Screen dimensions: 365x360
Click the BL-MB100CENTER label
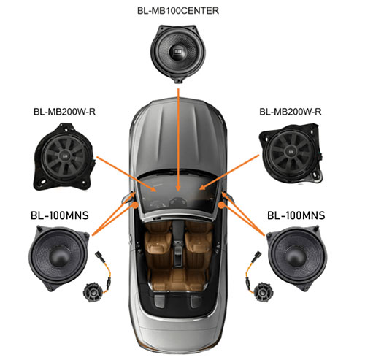click(178, 11)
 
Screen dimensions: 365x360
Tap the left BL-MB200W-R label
click(64, 112)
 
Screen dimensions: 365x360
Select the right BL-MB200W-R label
click(291, 112)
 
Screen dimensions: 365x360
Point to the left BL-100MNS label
click(60, 215)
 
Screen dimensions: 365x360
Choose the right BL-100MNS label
click(296, 215)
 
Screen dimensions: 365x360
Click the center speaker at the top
click(178, 53)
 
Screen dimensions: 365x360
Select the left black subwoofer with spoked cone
click(64, 157)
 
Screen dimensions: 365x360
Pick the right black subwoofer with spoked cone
click(291, 153)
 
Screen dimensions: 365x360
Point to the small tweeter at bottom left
click(93, 292)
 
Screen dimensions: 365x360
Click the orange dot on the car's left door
click(135, 205)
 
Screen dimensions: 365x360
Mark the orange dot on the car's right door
click(221, 205)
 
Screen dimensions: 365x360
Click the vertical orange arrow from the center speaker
click(178, 139)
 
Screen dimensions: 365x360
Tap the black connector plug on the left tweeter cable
click(100, 255)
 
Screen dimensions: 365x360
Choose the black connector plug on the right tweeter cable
click(258, 255)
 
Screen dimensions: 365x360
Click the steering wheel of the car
click(178, 202)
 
